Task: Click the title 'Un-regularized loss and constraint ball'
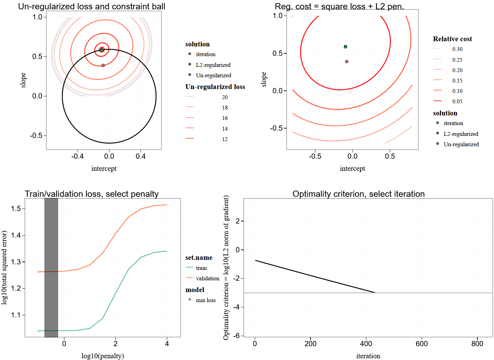pos(91,7)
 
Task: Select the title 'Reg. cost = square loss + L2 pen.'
pos(339,7)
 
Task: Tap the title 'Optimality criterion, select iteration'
pos(358,194)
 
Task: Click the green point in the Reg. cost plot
pos(345,47)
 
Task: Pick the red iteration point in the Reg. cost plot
pos(347,62)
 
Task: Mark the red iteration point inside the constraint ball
pos(103,65)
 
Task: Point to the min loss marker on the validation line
pos(38,272)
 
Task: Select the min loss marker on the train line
pos(38,331)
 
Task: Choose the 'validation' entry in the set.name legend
pos(207,278)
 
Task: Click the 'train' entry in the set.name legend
pos(201,268)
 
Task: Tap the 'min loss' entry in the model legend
pos(205,300)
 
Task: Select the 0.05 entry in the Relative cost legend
pos(457,101)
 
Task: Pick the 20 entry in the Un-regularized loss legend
pos(225,97)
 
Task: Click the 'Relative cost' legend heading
pos(452,39)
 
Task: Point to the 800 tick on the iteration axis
pos(477,344)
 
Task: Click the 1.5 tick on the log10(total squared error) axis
pos(16,209)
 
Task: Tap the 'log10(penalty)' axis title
pos(102,356)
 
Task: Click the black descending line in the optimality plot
pos(315,276)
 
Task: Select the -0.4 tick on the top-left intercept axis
pos(77,156)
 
